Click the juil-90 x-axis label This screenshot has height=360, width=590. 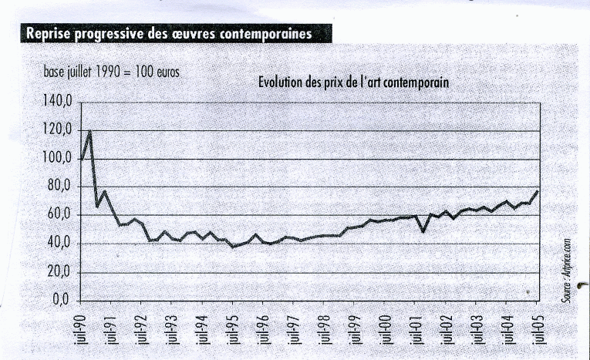point(83,329)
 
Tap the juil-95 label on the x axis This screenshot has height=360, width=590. point(234,329)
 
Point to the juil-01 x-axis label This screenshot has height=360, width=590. point(416,329)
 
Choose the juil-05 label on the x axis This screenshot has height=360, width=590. point(537,329)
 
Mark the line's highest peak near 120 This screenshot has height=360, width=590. point(90,131)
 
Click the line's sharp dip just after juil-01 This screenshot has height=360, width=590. point(423,231)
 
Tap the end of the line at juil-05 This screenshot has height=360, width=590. point(537,190)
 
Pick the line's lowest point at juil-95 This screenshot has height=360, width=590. point(233,247)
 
